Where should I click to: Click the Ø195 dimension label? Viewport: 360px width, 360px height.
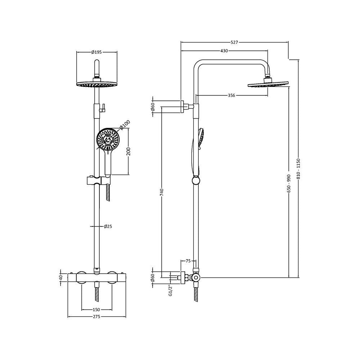[97, 52]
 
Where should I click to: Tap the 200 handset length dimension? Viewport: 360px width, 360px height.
[129, 152]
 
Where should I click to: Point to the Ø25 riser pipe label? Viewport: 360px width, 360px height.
[108, 226]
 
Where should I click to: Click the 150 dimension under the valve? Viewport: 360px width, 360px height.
[96, 310]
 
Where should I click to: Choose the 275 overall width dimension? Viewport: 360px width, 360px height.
[96, 317]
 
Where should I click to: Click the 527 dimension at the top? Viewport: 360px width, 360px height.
[234, 42]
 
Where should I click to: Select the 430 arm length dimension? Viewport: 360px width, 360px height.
[224, 51]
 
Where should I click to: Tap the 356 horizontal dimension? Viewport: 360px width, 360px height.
[231, 95]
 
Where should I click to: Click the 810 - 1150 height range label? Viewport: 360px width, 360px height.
[298, 168]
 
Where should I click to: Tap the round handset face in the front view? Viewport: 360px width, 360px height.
[108, 140]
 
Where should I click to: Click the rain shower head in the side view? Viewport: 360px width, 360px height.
[268, 85]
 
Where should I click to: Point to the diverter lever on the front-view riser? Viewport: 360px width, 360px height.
[103, 107]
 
